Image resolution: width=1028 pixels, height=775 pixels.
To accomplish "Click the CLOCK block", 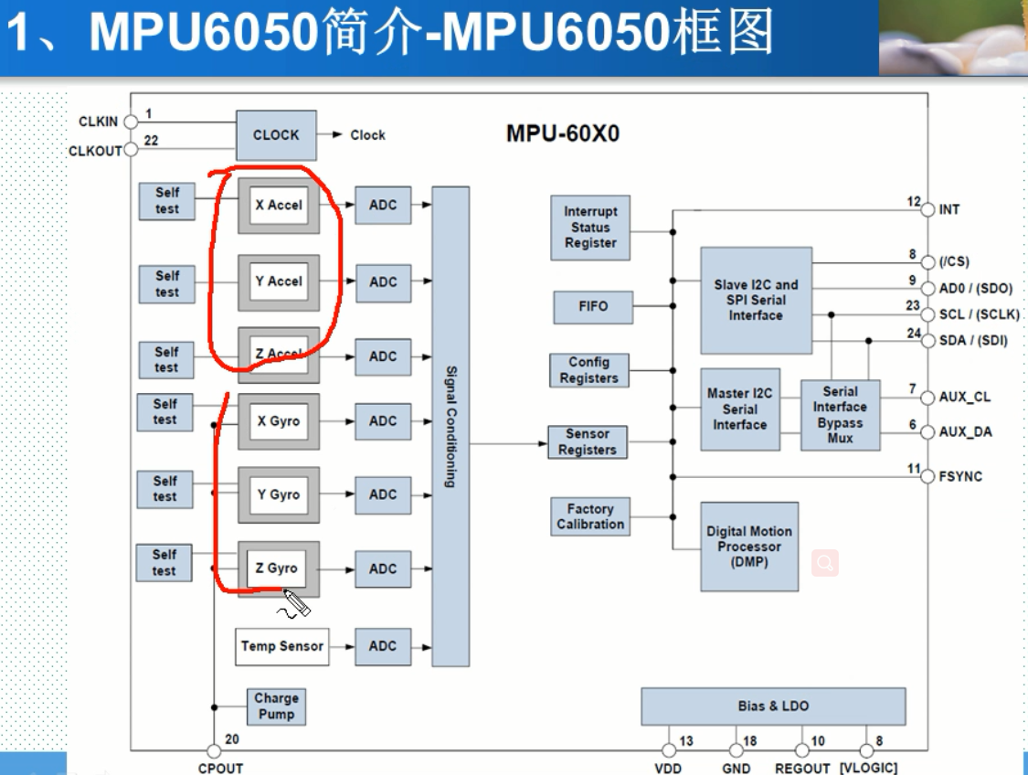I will (x=276, y=135).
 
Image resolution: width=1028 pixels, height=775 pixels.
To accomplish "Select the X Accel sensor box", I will (x=279, y=206).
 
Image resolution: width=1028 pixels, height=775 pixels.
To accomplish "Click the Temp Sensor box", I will (x=281, y=646).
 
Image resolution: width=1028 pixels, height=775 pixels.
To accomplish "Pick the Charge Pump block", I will (x=276, y=706).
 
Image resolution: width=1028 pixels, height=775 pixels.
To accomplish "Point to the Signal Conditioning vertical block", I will (x=450, y=426).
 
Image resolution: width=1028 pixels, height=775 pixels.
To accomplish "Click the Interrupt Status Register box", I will (x=590, y=228).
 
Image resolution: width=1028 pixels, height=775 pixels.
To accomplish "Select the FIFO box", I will (x=593, y=307).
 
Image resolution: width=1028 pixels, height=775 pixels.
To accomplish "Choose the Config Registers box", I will (x=588, y=370).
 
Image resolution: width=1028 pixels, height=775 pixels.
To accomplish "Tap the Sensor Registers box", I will (x=588, y=441).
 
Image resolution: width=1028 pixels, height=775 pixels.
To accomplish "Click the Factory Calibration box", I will (x=590, y=516).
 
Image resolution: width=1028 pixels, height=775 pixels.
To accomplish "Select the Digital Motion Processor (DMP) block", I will (x=749, y=547).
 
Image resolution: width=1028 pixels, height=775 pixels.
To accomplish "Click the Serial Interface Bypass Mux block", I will (x=841, y=416).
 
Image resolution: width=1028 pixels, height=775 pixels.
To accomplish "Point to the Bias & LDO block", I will (x=773, y=706).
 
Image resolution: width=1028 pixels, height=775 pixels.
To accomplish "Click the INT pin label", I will (x=949, y=210).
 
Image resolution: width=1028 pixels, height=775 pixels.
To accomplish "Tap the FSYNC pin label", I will (x=960, y=476).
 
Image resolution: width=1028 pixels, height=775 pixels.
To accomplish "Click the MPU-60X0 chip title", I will (x=562, y=134).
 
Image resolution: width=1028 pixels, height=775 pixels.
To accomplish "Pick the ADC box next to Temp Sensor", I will (x=383, y=646).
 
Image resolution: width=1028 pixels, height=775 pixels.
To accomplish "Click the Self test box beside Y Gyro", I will (x=165, y=489).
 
